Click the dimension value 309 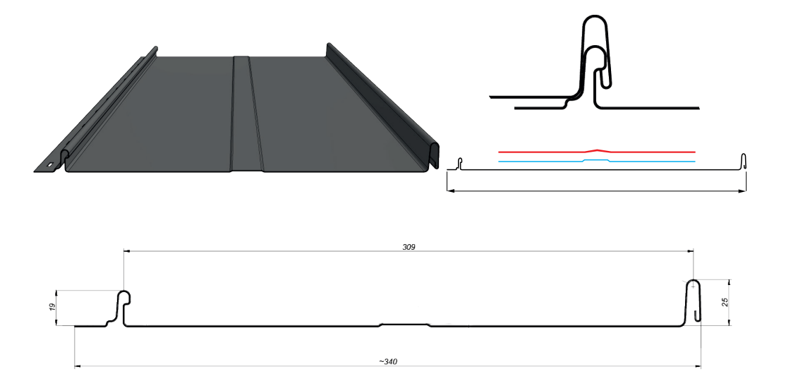point(409,247)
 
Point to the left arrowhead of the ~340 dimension point(78,366)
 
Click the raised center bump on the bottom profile point(404,325)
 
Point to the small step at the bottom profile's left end point(108,323)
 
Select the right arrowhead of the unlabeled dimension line point(743,191)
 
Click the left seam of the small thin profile point(459,164)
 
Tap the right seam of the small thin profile point(742,161)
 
